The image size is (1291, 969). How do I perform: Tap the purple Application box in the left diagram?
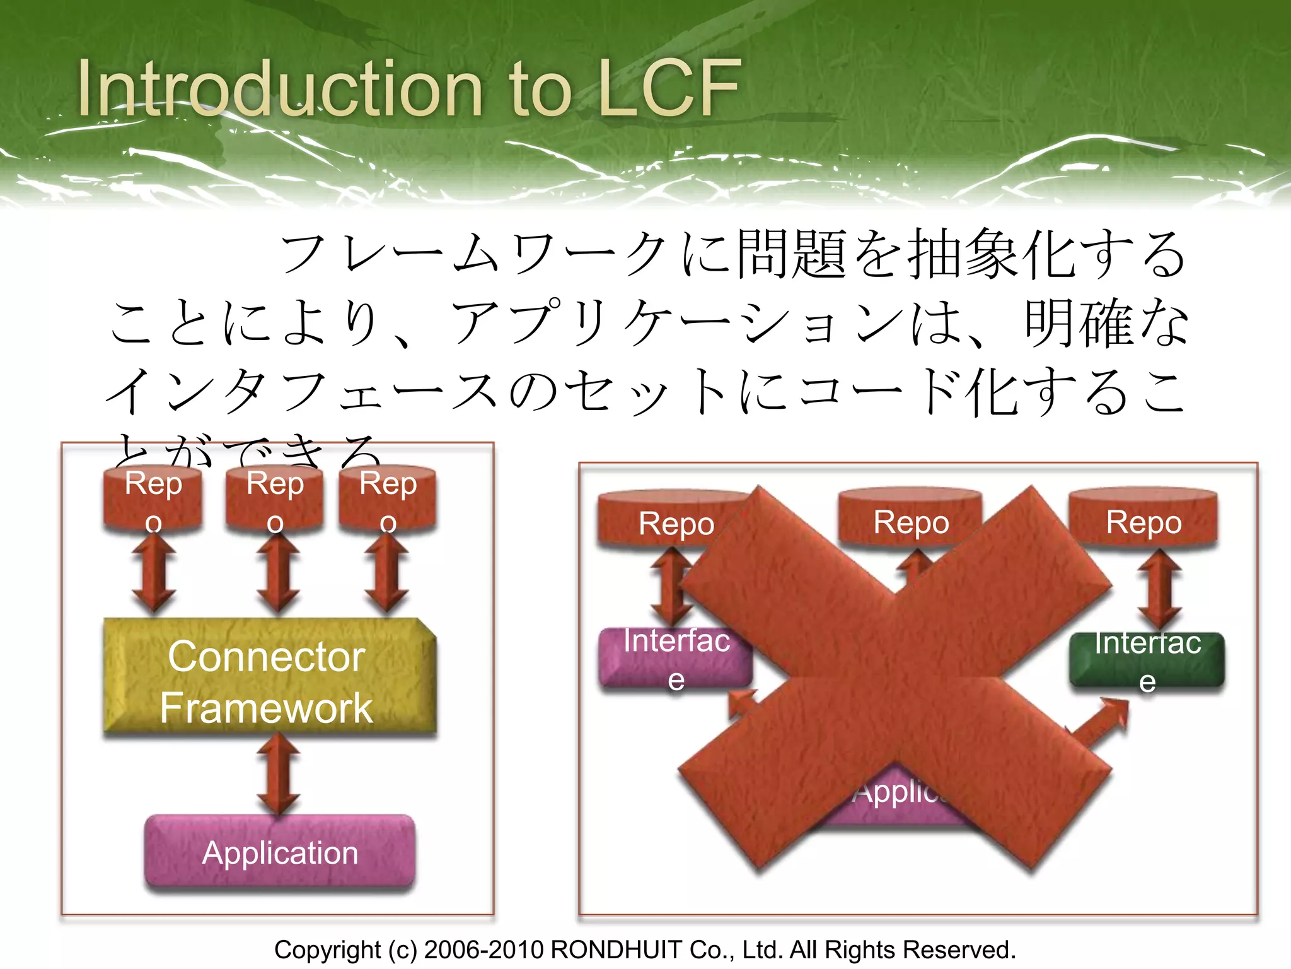tap(280, 853)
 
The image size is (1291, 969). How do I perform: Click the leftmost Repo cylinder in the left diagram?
tap(153, 498)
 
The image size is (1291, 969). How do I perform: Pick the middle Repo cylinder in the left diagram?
tap(275, 498)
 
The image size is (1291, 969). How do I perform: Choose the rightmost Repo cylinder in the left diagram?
tap(388, 498)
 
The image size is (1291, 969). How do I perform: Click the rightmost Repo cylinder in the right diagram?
tap(1143, 519)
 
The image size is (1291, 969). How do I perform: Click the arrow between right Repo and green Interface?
tap(1159, 590)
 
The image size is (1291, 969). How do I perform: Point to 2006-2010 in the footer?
tap(483, 949)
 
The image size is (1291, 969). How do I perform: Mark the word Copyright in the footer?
tap(327, 949)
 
